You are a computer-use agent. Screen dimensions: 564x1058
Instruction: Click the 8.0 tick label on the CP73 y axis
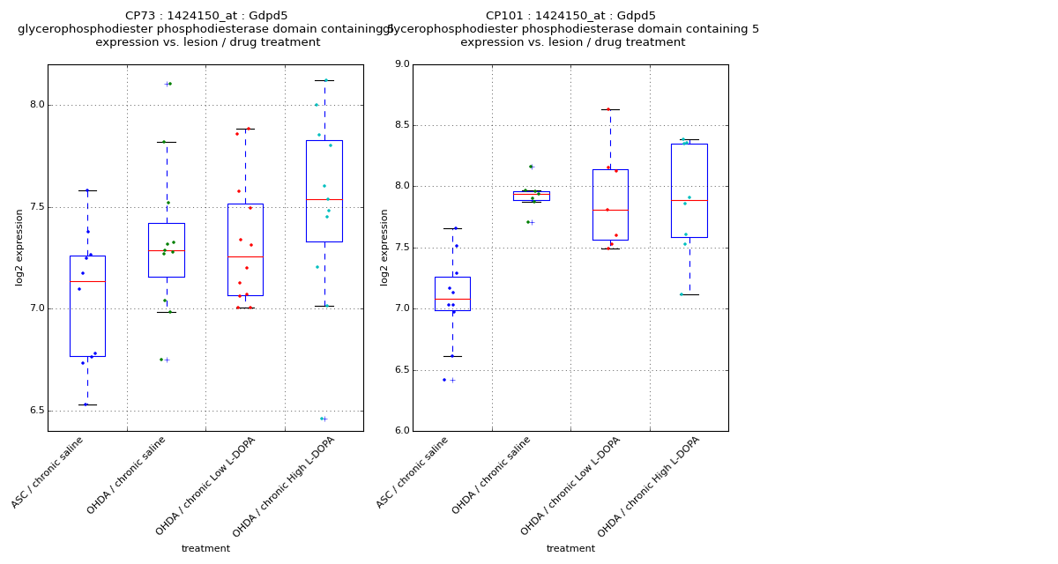(36, 105)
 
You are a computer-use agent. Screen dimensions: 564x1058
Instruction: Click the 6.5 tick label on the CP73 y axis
(36, 411)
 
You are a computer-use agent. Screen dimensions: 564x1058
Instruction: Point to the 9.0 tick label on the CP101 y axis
(401, 64)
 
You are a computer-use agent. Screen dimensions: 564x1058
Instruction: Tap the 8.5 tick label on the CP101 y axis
(401, 125)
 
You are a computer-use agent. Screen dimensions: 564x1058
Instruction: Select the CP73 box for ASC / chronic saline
(87, 306)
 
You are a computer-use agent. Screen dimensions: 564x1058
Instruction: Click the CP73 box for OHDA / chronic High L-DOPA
(324, 190)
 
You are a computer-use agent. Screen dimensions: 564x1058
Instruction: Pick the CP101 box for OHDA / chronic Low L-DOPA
(610, 204)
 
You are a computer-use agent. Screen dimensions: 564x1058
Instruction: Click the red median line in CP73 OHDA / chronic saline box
(166, 250)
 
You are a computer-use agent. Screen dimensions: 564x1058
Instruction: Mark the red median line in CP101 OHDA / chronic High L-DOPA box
(689, 200)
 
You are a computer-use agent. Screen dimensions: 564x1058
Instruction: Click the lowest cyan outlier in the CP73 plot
(322, 419)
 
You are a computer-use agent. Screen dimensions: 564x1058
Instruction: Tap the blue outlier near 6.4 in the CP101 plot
(444, 380)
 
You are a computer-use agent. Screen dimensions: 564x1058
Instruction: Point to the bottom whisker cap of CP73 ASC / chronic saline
(87, 404)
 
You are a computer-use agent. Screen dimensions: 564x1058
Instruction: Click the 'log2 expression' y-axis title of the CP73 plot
(19, 247)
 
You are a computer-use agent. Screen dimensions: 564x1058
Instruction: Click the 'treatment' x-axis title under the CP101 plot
(570, 549)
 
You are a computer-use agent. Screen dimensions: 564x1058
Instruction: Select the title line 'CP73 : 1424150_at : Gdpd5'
(206, 16)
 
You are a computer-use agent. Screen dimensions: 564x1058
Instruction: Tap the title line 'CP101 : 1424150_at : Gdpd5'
(570, 16)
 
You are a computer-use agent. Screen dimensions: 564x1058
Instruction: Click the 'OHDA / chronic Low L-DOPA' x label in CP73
(206, 485)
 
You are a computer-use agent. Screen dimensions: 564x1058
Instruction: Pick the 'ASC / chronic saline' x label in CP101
(413, 471)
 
